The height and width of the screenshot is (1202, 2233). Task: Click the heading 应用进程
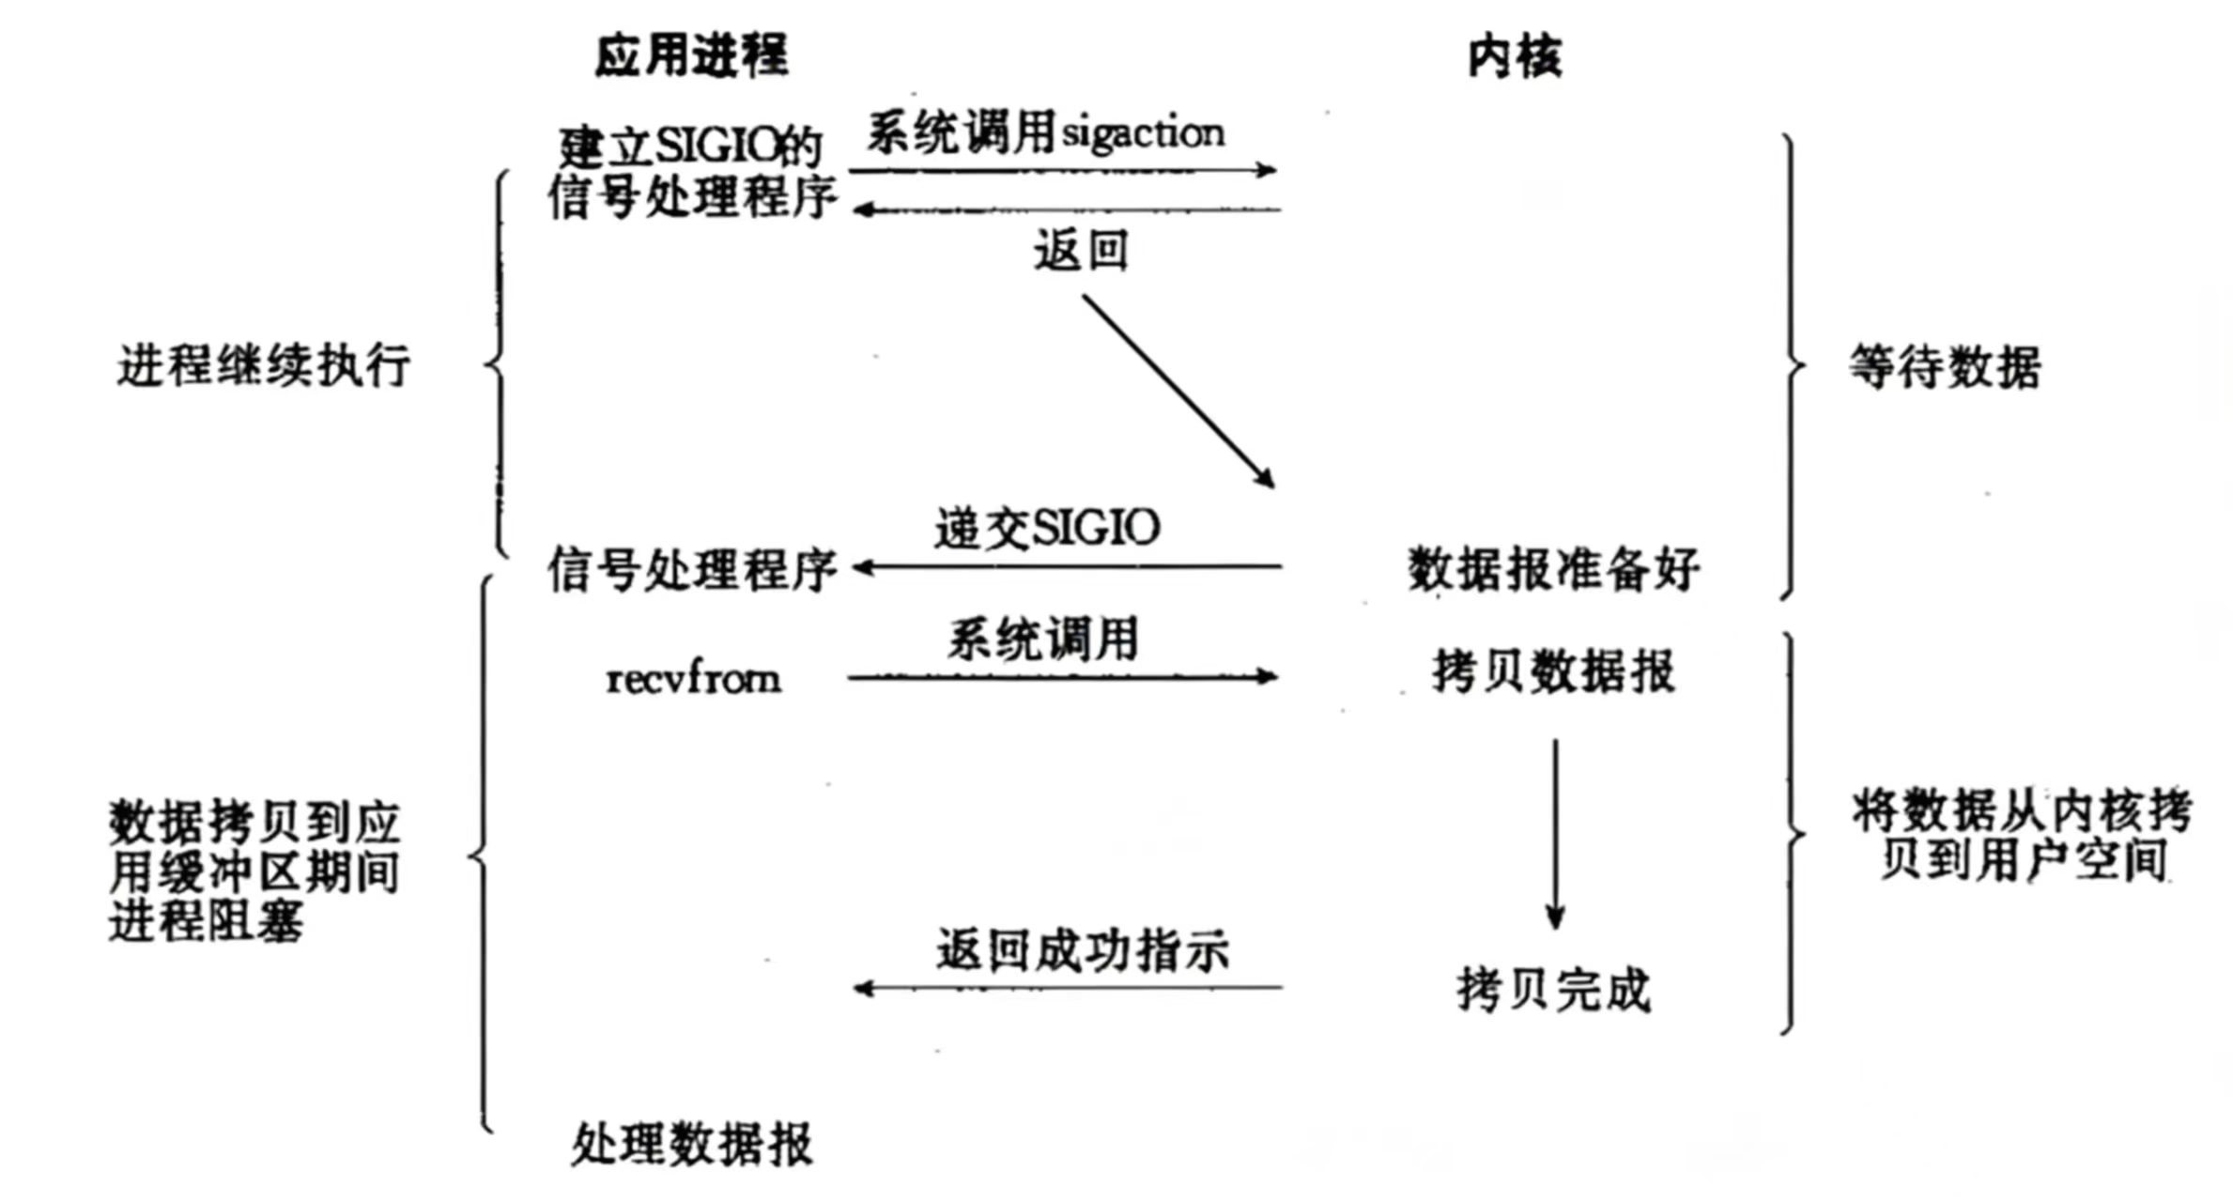click(x=691, y=55)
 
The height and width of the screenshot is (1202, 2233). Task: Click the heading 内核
click(x=1515, y=57)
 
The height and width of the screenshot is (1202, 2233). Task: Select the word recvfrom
click(x=693, y=678)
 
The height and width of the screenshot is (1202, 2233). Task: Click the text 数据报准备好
click(x=1553, y=569)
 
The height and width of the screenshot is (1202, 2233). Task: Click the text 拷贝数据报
click(x=1553, y=672)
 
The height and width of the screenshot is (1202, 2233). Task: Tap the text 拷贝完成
click(x=1553, y=991)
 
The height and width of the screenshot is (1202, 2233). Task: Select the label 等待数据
click(x=1945, y=366)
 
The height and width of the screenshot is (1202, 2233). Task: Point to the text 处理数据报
click(x=692, y=1145)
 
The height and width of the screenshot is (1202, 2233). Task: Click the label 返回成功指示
click(x=1082, y=950)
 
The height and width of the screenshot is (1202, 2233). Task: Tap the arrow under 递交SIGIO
click(x=1067, y=567)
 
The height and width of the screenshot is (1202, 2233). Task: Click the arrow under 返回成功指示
click(x=1067, y=988)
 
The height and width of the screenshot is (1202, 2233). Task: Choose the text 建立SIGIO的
click(x=690, y=146)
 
